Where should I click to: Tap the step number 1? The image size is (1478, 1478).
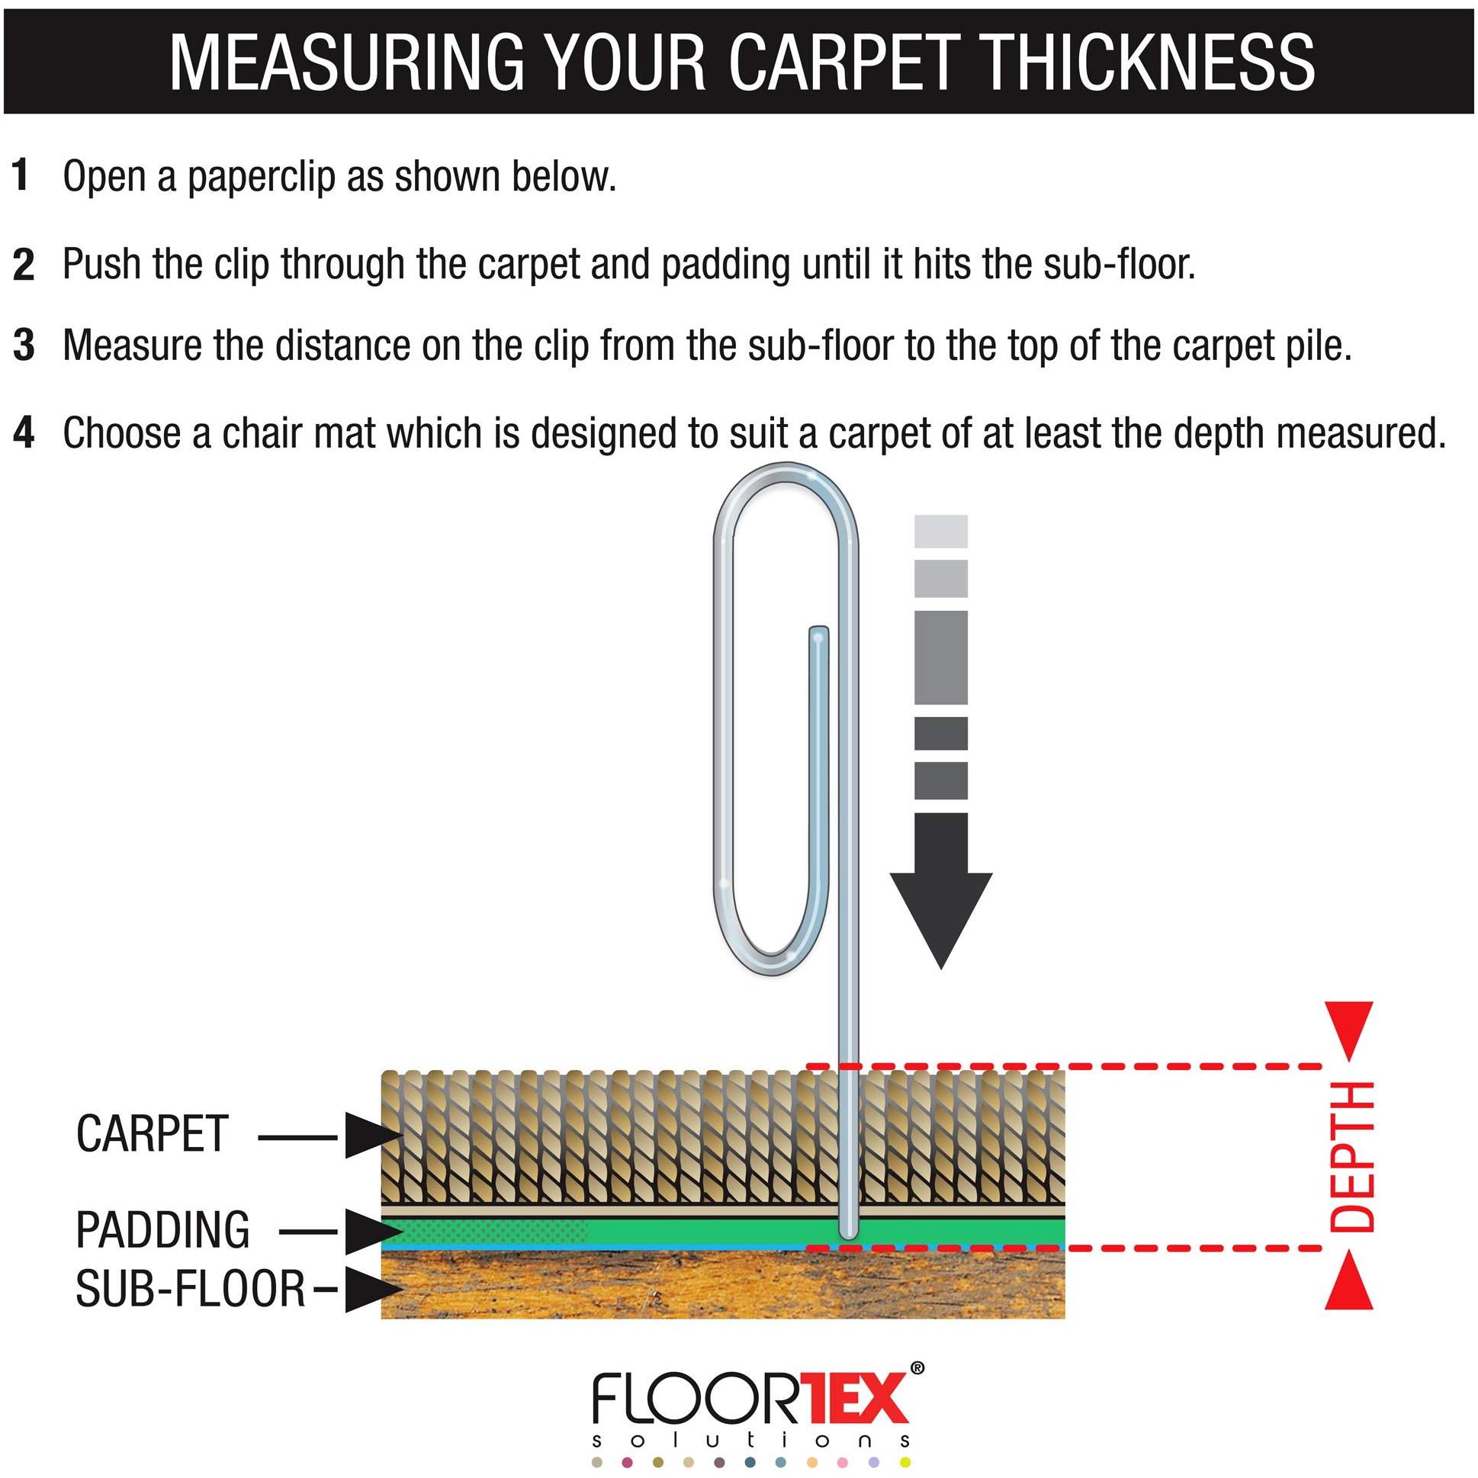tap(21, 176)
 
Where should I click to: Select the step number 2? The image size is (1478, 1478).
tap(23, 264)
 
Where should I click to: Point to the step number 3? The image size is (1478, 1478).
tap(24, 345)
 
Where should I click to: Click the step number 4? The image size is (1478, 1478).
tap(24, 433)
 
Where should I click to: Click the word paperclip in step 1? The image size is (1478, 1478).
tap(262, 177)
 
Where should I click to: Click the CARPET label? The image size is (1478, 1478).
tap(153, 1134)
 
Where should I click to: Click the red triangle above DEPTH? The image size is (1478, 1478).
tap(1348, 1030)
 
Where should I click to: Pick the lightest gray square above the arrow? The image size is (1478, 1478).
tap(941, 531)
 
